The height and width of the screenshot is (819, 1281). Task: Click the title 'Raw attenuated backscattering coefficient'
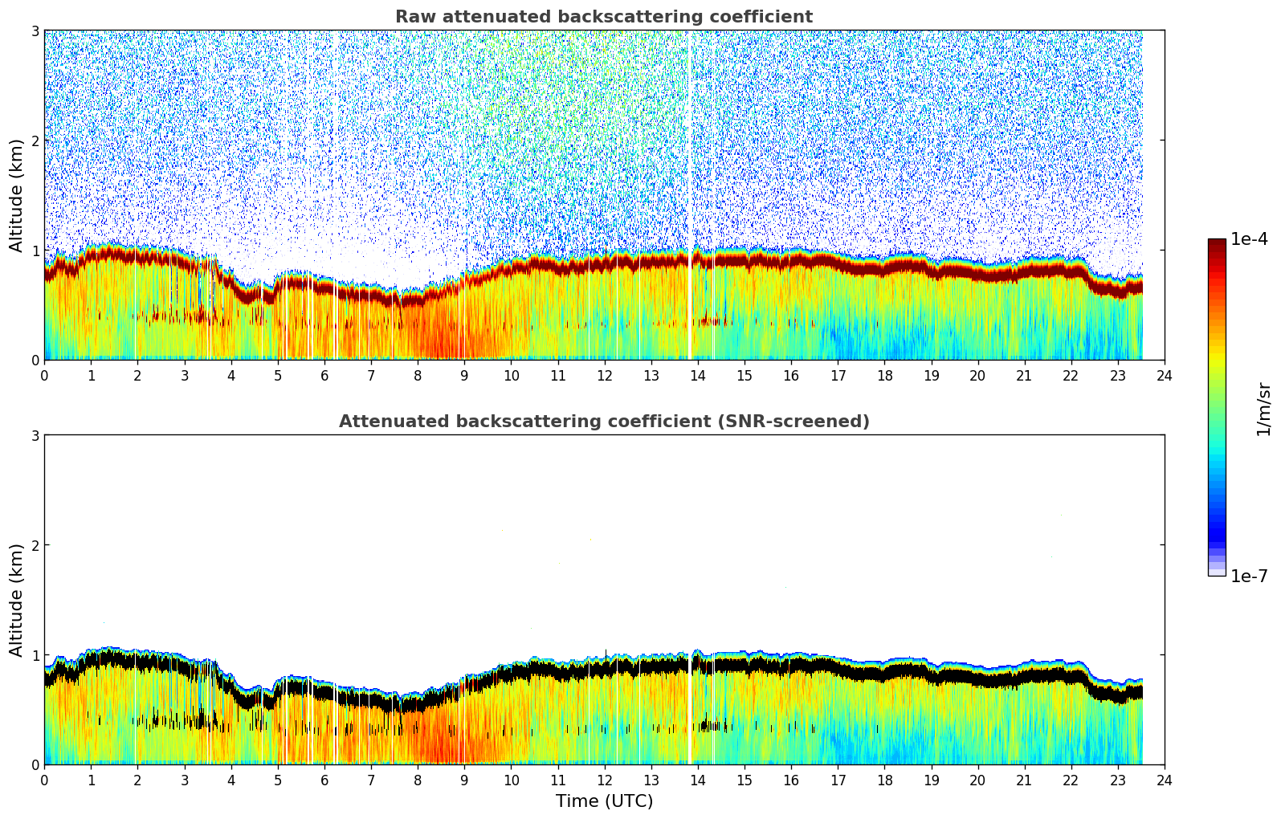coord(603,17)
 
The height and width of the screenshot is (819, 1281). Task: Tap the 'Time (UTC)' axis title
coord(604,801)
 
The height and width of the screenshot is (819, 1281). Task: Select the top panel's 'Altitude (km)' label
coord(16,195)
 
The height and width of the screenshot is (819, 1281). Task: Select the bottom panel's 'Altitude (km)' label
coord(16,600)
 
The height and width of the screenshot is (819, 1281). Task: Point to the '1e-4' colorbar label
coord(1249,239)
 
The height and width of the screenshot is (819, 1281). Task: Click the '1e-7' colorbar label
coord(1249,576)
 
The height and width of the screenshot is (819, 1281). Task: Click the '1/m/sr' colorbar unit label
coord(1263,408)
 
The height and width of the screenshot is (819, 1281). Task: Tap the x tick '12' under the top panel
coord(604,376)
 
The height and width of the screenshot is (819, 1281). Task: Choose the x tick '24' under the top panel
coord(1165,376)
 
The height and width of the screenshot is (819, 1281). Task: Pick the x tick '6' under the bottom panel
coord(324,780)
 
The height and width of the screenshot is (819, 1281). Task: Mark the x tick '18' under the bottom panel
coord(884,780)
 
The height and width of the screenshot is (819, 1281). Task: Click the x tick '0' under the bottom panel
coord(44,780)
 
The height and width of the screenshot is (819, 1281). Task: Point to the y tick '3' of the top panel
coord(35,31)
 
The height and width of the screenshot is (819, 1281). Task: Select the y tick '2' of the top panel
coord(35,141)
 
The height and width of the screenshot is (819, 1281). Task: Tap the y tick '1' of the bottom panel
coord(35,655)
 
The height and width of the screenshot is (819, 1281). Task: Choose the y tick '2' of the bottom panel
coord(35,545)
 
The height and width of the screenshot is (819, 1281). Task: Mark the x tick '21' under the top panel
coord(1024,376)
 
